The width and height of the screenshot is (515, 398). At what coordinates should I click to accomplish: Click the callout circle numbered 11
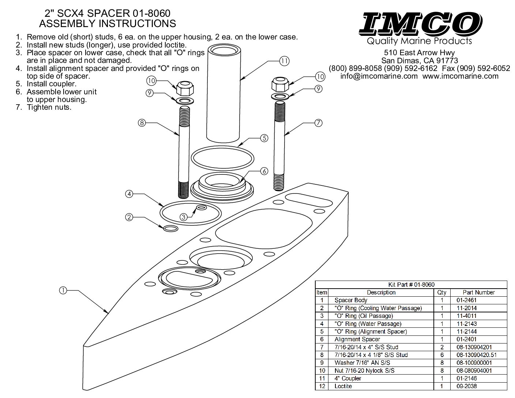pyautogui.click(x=284, y=61)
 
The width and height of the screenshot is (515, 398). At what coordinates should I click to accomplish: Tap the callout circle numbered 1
pyautogui.click(x=63, y=290)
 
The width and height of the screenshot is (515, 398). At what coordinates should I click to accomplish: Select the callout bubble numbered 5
pyautogui.click(x=264, y=138)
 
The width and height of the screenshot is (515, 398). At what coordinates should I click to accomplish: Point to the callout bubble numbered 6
pyautogui.click(x=264, y=171)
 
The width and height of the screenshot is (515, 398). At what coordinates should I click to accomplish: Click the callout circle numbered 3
pyautogui.click(x=184, y=217)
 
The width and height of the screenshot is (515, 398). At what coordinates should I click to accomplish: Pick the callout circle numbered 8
pyautogui.click(x=142, y=123)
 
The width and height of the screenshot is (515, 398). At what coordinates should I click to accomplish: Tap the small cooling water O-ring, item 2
pyautogui.click(x=171, y=229)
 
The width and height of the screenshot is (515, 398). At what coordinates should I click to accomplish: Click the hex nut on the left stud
pyautogui.click(x=185, y=88)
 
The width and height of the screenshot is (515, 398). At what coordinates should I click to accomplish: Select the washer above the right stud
pyautogui.click(x=280, y=97)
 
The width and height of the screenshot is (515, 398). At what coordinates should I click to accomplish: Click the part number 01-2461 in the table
pyautogui.click(x=466, y=300)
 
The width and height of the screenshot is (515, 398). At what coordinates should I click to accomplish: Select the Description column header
pyautogui.click(x=381, y=292)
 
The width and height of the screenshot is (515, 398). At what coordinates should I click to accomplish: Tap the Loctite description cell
pyautogui.click(x=343, y=386)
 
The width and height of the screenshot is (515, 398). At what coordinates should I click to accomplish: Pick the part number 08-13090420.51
pyautogui.click(x=476, y=355)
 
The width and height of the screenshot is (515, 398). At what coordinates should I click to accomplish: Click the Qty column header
pyautogui.click(x=442, y=293)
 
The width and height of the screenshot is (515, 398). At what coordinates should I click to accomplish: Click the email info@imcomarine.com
pyautogui.click(x=379, y=76)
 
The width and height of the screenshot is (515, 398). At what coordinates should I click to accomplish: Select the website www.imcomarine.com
pyautogui.click(x=461, y=76)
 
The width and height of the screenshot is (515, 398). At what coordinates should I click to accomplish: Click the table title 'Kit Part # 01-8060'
pyautogui.click(x=411, y=285)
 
